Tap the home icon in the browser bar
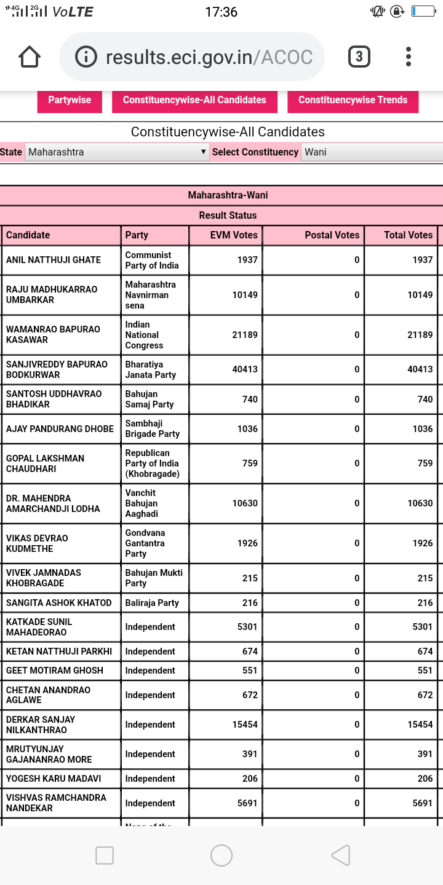30,57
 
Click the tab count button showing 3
359,57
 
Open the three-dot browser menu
408,57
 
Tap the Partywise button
70,100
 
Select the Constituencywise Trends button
353,100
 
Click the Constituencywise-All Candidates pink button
194,100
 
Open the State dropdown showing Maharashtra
117,152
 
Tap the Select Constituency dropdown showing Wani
371,152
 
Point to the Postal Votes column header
332,235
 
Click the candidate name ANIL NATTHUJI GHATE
54,260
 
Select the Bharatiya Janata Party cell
151,369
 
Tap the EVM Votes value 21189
245,335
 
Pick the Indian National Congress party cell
145,335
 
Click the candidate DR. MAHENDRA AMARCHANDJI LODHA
53,503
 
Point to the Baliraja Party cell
152,603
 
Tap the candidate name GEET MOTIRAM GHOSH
55,671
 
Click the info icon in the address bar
86,57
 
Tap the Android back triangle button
340,855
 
